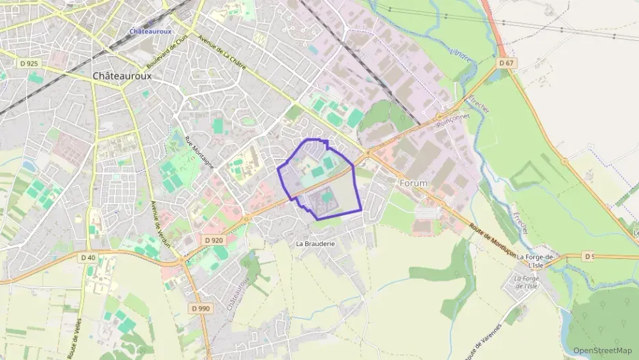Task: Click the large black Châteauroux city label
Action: [122, 76]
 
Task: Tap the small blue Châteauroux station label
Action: [151, 31]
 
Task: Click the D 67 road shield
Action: [506, 63]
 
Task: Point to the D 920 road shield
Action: [214, 240]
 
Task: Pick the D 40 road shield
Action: [88, 258]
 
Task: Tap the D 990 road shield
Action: [201, 308]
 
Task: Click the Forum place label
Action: [413, 183]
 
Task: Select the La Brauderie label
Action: [315, 243]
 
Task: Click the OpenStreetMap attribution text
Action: [602, 350]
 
